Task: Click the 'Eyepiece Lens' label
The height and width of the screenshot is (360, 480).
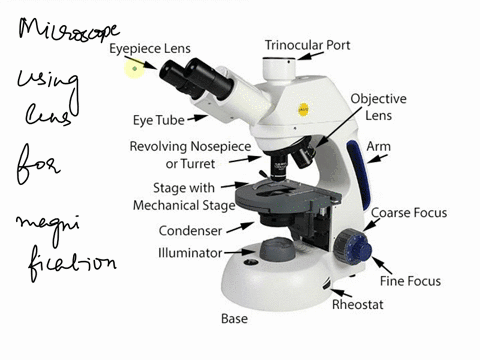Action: (x=150, y=47)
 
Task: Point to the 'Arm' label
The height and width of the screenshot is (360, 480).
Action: (x=378, y=147)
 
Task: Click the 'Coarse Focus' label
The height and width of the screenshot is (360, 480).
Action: (x=408, y=213)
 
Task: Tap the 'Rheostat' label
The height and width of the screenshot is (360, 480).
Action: (x=356, y=304)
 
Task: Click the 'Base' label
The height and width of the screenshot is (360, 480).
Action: (x=233, y=319)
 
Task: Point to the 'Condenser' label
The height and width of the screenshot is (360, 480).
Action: (x=190, y=230)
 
